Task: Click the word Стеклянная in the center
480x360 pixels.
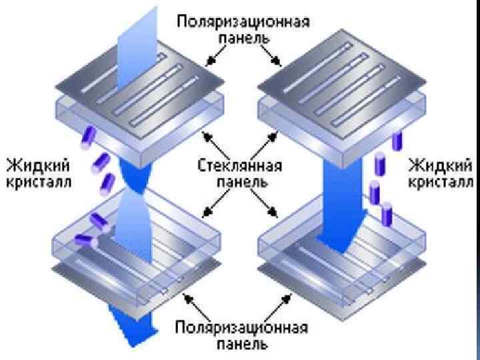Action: point(240,165)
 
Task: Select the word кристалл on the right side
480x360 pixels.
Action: point(441,182)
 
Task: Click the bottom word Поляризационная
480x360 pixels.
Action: point(242,328)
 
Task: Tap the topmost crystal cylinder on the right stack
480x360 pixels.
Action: point(399,141)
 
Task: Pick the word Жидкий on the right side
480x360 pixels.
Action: point(441,165)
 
